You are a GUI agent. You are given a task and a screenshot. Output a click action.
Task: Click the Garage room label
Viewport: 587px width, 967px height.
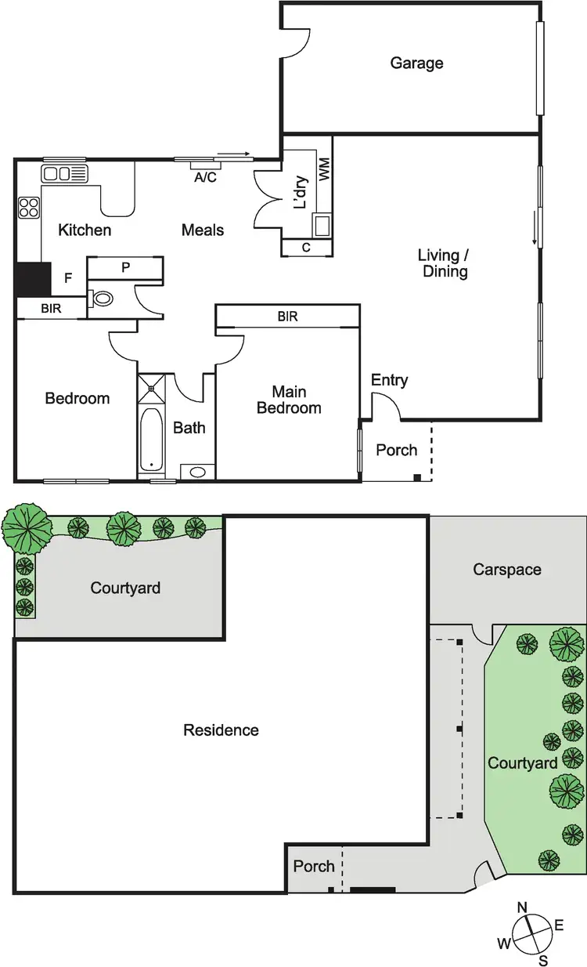tap(416, 63)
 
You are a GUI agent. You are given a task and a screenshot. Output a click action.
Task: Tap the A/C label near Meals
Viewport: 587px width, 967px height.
tap(205, 177)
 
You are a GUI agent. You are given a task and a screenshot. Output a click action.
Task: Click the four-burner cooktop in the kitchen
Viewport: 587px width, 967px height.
tap(29, 208)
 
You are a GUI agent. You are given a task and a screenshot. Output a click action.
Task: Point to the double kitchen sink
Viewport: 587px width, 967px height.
tap(57, 173)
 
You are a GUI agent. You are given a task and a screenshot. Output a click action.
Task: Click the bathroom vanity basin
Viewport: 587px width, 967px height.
tap(197, 472)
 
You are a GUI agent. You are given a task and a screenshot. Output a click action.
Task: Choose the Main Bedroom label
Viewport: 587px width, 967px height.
tap(289, 400)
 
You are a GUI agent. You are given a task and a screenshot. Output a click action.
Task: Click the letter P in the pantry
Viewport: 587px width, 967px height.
tap(125, 267)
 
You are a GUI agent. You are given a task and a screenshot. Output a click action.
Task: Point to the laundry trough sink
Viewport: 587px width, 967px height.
tap(322, 225)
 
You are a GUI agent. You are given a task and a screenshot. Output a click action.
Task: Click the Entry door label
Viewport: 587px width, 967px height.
tap(389, 380)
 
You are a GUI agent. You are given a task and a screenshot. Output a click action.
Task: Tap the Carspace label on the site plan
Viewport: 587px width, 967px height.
tap(506, 570)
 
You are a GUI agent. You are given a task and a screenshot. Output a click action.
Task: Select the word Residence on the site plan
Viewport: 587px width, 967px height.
tap(221, 730)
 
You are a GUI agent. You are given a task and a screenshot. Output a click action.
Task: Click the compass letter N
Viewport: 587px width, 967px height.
tap(523, 908)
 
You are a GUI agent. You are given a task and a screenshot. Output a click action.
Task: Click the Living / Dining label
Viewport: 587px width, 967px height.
tap(443, 263)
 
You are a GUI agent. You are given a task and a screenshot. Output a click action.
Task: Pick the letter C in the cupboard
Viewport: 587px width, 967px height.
tap(306, 248)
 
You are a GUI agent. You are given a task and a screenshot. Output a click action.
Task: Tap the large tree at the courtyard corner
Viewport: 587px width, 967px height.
tap(26, 527)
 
